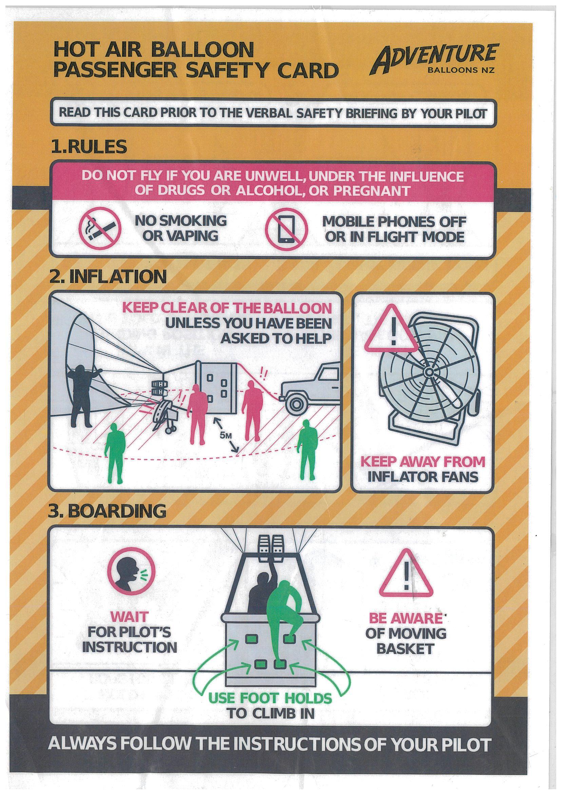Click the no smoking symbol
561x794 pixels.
(100, 229)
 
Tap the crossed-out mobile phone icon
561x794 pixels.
(287, 229)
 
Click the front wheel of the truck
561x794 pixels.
(296, 404)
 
